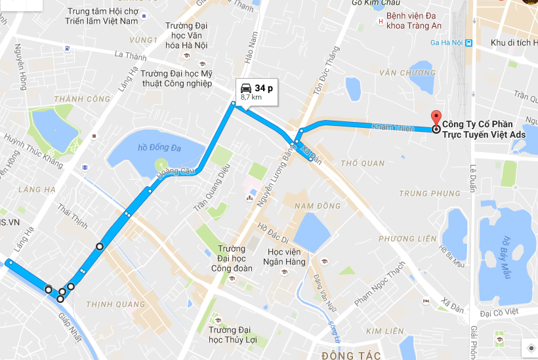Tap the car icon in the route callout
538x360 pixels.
tap(245, 88)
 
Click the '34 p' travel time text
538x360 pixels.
tap(264, 88)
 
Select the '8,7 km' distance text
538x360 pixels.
tap(251, 97)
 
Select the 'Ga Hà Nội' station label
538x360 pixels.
tap(446, 43)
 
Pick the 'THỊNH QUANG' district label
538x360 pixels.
tap(115, 304)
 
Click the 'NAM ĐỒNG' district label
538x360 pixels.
tap(318, 206)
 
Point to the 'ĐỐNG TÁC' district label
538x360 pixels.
tap(342, 355)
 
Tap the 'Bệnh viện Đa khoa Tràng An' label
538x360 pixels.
tap(413, 20)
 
